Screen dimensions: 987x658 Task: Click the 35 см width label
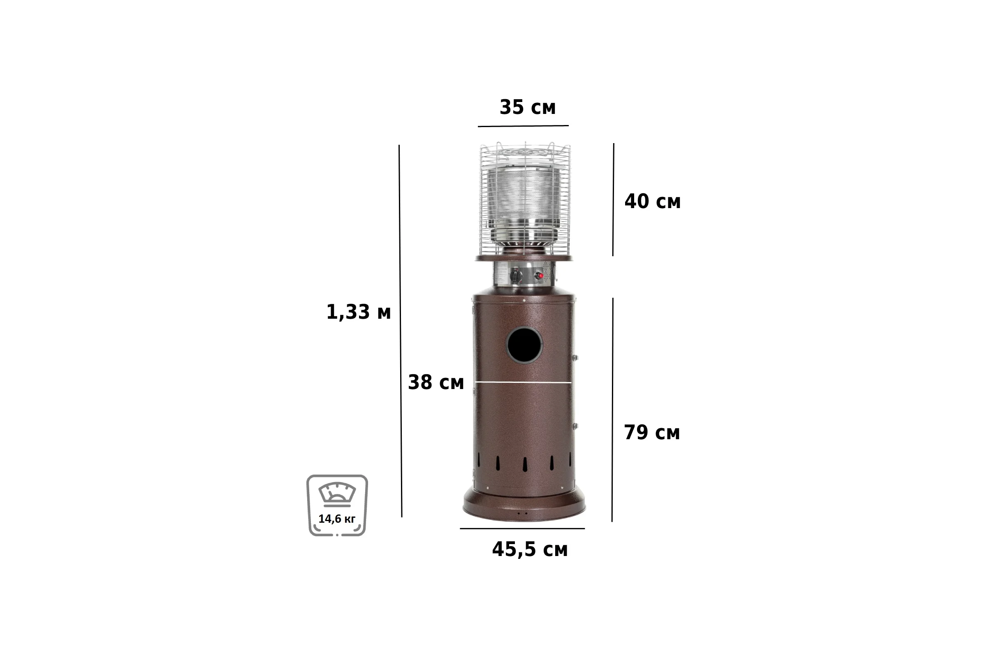pos(528,107)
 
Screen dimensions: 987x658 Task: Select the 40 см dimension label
pos(653,202)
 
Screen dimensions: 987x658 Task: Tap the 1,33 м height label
pos(358,312)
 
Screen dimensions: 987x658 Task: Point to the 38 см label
pos(436,382)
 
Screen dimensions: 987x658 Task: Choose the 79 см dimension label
pos(652,432)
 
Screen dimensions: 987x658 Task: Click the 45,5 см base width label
pos(530,549)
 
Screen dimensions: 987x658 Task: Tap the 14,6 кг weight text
pos(336,519)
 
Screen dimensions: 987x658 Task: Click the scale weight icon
pos(337,505)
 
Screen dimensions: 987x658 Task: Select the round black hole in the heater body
pos(525,345)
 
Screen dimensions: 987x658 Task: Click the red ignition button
pos(540,276)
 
